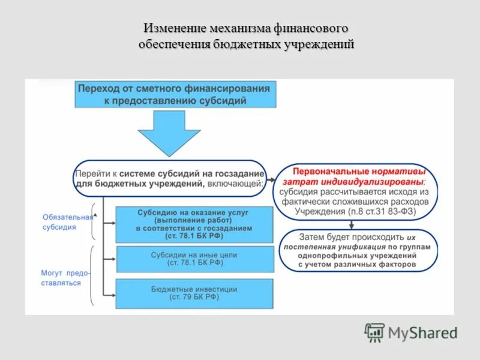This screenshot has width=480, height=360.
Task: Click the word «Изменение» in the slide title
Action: click(x=174, y=28)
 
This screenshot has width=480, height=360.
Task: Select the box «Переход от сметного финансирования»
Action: click(x=175, y=95)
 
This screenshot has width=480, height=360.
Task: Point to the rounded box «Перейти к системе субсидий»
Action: click(x=170, y=178)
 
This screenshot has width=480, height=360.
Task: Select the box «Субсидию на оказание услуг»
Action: click(x=193, y=224)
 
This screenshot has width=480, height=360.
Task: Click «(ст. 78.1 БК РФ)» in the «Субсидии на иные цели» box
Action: click(x=194, y=263)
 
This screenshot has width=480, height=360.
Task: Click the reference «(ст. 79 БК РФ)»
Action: click(x=194, y=297)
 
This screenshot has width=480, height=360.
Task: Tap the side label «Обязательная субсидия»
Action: click(x=67, y=222)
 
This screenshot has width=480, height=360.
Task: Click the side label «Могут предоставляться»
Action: click(x=65, y=278)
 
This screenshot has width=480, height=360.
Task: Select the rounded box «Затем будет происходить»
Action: click(x=359, y=251)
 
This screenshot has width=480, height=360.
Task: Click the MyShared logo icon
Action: click(x=374, y=332)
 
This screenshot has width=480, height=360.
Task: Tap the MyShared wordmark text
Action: click(x=422, y=332)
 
